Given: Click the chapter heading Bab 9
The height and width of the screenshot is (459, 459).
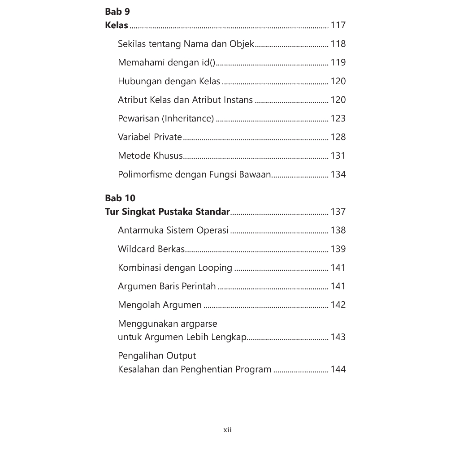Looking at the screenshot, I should pyautogui.click(x=117, y=12).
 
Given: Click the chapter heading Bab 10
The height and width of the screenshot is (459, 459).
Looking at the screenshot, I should pyautogui.click(x=120, y=198).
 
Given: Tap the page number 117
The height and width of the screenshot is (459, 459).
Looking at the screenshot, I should pyautogui.click(x=338, y=25).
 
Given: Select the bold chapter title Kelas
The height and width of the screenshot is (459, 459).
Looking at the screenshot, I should pyautogui.click(x=117, y=25).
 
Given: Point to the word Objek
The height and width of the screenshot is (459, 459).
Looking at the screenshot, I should pyautogui.click(x=242, y=44).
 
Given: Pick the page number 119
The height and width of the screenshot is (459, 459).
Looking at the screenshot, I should pyautogui.click(x=338, y=63).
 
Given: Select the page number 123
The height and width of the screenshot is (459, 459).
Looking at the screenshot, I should pyautogui.click(x=338, y=119).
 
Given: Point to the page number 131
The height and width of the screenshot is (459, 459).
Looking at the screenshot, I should pyautogui.click(x=338, y=156).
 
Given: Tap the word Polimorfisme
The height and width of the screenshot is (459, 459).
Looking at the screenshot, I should pyautogui.click(x=145, y=175).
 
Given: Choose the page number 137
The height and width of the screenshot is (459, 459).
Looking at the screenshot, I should pyautogui.click(x=338, y=212).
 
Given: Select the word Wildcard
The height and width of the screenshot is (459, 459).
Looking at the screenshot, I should pyautogui.click(x=136, y=249).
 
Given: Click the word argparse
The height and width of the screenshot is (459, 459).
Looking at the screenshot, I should pyautogui.click(x=199, y=324).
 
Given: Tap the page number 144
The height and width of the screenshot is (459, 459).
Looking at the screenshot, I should pyautogui.click(x=338, y=370).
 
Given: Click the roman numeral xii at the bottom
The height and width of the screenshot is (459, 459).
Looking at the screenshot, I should pyautogui.click(x=228, y=430).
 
